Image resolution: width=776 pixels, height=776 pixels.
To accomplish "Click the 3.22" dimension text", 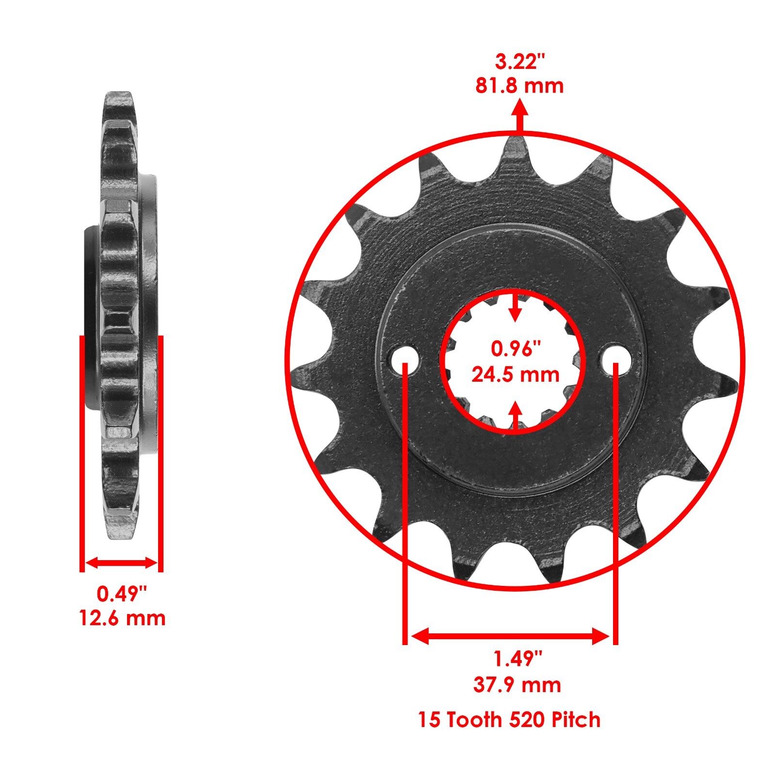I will [x=519, y=62].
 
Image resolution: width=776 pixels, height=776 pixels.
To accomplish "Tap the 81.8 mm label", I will [x=519, y=86].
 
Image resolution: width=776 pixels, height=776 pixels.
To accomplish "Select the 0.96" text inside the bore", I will [x=515, y=349].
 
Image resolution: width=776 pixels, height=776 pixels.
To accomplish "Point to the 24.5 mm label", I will [x=515, y=375].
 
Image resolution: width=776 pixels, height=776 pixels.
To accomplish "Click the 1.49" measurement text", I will [x=517, y=659].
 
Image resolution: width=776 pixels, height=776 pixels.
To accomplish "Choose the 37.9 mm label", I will [x=517, y=685].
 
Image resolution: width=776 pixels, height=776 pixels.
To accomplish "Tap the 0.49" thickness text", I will [x=122, y=594].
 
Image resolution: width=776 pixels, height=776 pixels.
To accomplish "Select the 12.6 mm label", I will [x=122, y=618].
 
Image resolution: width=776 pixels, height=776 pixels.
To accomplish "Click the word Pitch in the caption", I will [x=574, y=720].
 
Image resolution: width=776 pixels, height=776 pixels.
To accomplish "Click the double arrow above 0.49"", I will [x=121, y=563].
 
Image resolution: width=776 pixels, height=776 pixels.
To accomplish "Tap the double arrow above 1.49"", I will [x=510, y=636].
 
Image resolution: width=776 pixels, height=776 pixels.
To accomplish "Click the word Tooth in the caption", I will [x=474, y=720].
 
